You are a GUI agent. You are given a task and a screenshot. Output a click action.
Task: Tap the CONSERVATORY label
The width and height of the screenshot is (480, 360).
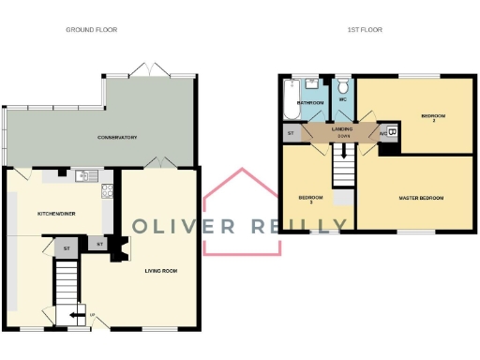pos(118,138)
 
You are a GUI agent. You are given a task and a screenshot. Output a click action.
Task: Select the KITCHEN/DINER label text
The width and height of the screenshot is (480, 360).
pos(55,214)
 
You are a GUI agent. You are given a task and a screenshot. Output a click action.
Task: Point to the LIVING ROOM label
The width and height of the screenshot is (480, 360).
pos(160,271)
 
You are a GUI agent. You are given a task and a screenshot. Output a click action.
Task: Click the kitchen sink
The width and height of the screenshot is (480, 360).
pos(90,175)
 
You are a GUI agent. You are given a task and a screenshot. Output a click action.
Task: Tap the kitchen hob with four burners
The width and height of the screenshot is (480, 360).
pos(108,195)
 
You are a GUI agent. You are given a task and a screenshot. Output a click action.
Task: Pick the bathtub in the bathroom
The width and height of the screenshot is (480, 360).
pos(289,101)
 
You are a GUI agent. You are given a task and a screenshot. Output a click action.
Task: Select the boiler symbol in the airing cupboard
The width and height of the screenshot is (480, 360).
pos(392,132)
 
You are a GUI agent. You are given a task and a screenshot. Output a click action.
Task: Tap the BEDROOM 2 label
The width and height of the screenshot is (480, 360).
pos(432,117)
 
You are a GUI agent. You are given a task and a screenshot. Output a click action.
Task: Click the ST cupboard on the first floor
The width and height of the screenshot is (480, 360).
pos(291,134)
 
